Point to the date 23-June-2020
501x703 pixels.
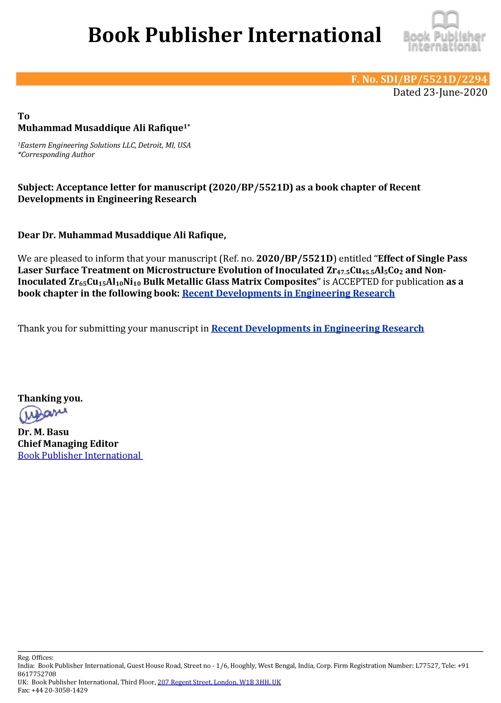click(x=455, y=92)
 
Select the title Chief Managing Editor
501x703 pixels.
click(x=68, y=443)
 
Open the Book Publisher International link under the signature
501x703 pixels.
click(x=80, y=455)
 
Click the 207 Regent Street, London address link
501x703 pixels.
click(x=219, y=682)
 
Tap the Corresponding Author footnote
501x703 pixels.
click(x=56, y=154)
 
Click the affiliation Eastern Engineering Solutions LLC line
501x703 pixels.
click(x=104, y=145)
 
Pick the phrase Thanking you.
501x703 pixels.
click(x=50, y=398)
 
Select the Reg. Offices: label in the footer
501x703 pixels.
click(x=36, y=657)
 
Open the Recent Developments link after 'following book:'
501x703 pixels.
click(x=288, y=293)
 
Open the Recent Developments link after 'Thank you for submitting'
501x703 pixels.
click(x=317, y=328)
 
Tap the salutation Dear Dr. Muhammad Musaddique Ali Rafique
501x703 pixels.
click(x=122, y=235)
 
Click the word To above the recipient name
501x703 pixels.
click(x=23, y=116)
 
